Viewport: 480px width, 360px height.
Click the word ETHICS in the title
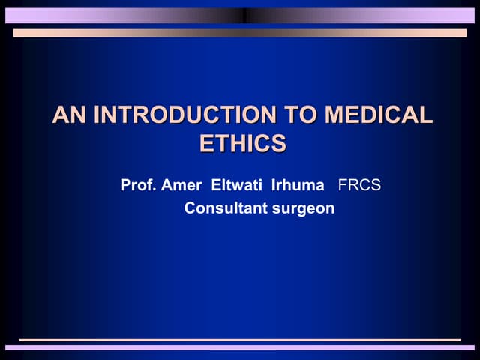(242, 143)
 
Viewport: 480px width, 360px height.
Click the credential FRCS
(360, 184)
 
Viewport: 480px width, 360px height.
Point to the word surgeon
(303, 208)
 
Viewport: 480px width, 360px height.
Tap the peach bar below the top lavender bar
(240, 33)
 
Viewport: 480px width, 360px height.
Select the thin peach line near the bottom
(240, 340)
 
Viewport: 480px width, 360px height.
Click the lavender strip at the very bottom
(240, 347)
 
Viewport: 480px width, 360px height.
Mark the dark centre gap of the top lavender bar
(244, 15)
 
